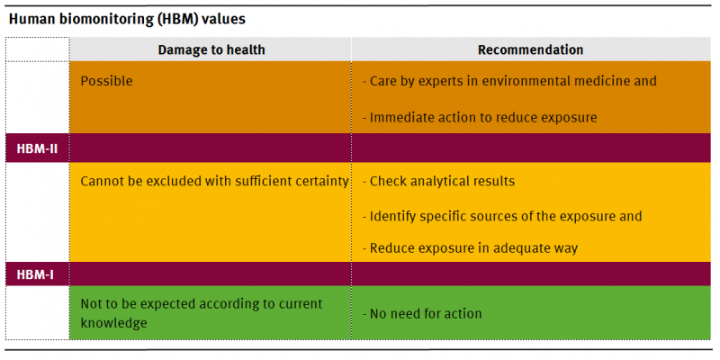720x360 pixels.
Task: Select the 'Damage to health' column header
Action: pyautogui.click(x=211, y=50)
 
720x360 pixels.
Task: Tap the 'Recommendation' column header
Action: pyautogui.click(x=530, y=50)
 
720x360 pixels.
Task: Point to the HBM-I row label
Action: pyautogui.click(x=33, y=274)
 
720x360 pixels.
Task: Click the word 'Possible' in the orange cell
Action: pyautogui.click(x=106, y=81)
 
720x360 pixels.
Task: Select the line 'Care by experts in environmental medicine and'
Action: pyautogui.click(x=509, y=81)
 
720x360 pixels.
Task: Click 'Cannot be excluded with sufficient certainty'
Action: pyautogui.click(x=214, y=181)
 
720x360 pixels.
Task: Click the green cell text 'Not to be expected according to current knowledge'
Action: pyautogui.click(x=202, y=312)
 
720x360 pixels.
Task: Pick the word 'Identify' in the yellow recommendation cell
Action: pyautogui.click(x=393, y=217)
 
